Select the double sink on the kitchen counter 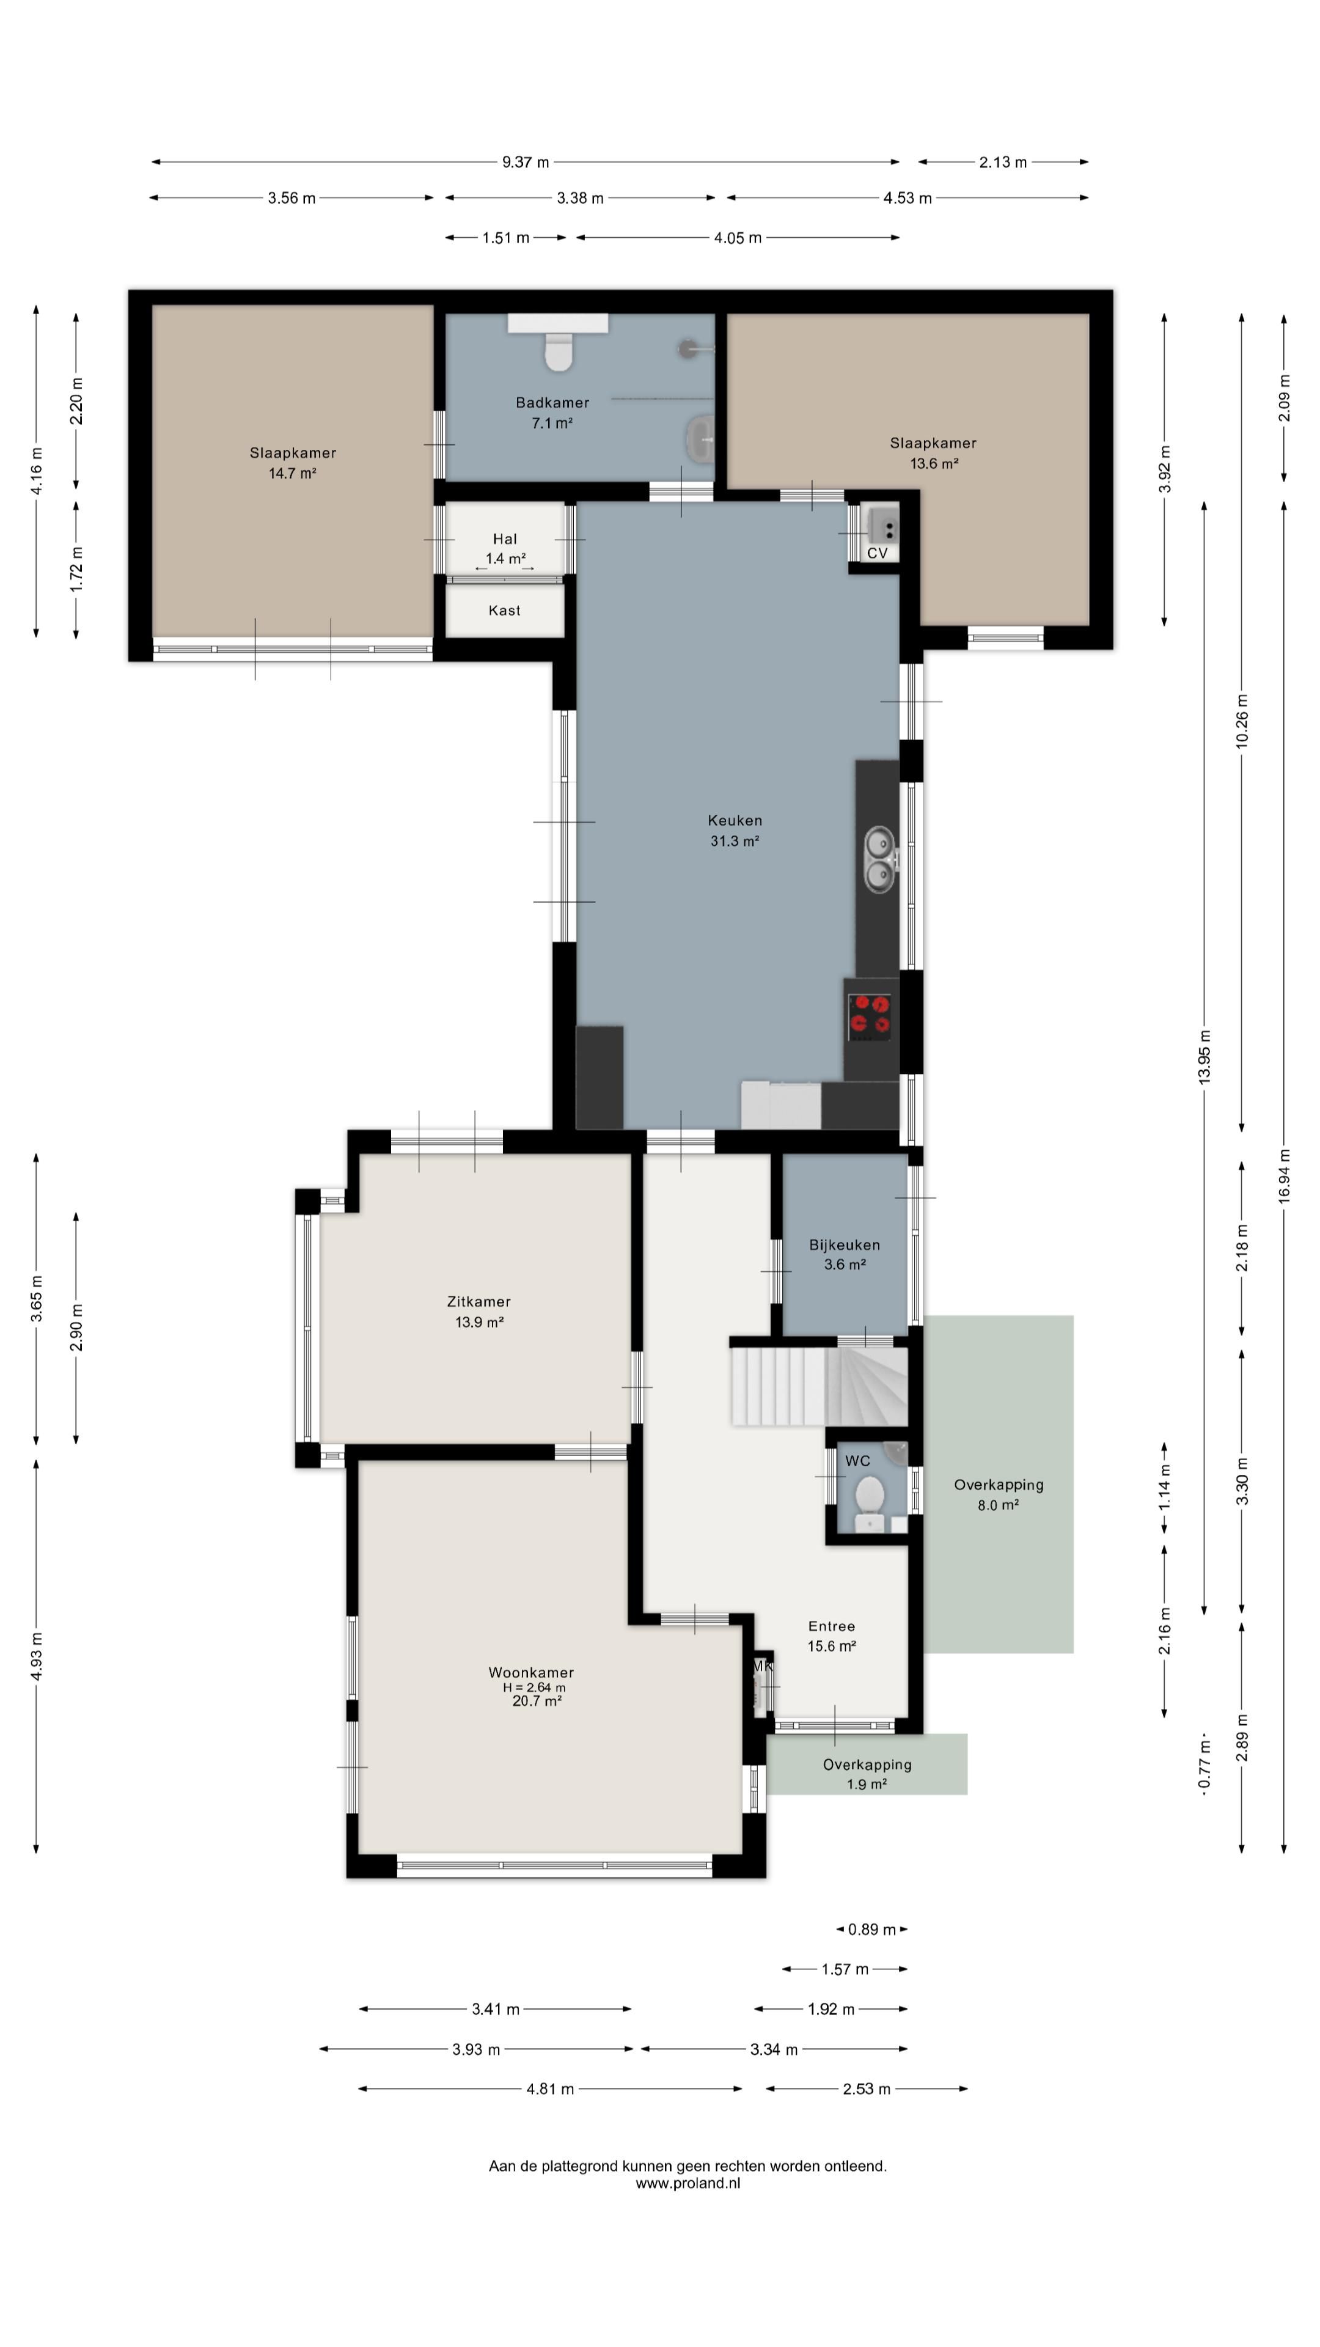880,858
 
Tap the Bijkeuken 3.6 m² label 845,1255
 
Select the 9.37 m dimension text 526,162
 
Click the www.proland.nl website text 687,2183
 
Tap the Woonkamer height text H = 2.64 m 534,1688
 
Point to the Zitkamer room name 479,1301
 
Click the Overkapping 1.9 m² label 867,1774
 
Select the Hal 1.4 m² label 505,548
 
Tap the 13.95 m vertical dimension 1204,1056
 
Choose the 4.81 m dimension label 549,2088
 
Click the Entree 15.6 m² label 831,1636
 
